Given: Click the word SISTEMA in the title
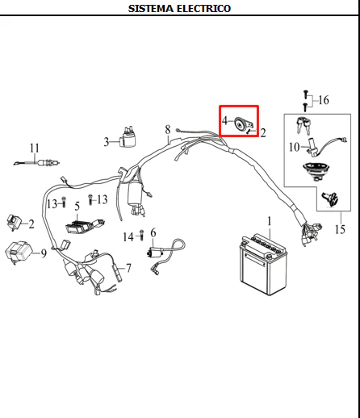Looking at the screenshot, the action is tap(151, 9).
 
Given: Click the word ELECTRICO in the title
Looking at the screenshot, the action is tap(204, 9).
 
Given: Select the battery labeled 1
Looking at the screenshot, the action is tap(263, 265).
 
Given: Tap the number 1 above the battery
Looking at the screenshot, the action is tap(270, 221).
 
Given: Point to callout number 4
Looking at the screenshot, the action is tap(224, 120).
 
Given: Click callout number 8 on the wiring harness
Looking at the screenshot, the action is tap(168, 130).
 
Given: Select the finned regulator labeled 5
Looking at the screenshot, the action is tap(85, 226).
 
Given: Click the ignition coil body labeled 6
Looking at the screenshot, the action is tap(155, 253).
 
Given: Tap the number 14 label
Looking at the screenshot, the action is tap(128, 237).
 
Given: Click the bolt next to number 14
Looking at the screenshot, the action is tap(141, 235).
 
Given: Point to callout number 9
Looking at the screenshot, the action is tap(44, 253).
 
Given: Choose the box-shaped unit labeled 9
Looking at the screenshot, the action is tap(19, 252).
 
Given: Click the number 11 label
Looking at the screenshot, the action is tap(35, 148).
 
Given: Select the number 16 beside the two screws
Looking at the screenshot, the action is tap(324, 100).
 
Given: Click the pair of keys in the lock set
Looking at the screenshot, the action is tap(303, 125).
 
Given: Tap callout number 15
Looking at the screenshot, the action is tap(340, 229).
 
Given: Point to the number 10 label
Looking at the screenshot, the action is tap(294, 147).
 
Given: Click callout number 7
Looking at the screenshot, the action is tap(128, 268).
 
